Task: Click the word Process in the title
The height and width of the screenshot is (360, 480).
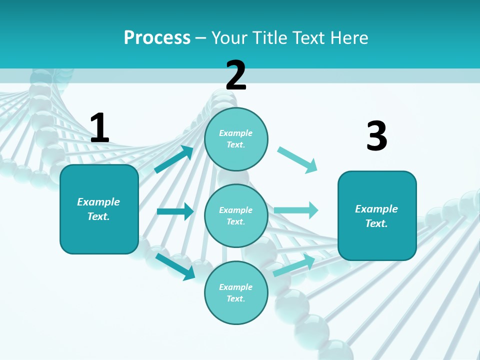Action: click(157, 38)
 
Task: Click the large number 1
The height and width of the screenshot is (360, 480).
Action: click(99, 128)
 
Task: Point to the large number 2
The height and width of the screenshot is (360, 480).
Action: click(236, 75)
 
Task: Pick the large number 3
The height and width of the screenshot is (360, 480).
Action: click(376, 136)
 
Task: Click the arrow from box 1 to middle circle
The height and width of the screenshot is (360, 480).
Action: click(175, 211)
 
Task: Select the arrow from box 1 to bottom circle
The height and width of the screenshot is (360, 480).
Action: click(175, 266)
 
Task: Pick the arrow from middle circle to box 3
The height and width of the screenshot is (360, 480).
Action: click(296, 210)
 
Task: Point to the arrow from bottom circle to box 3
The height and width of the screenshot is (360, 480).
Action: click(294, 265)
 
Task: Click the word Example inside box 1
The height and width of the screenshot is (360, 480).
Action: click(98, 202)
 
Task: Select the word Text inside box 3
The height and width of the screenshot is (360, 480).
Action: click(376, 223)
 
